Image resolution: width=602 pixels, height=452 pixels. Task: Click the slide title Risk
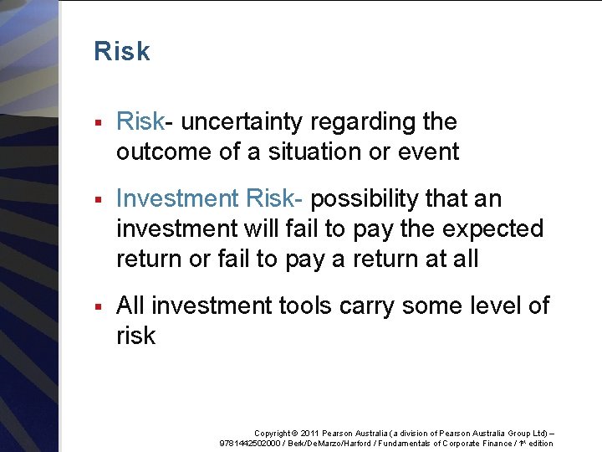point(122,52)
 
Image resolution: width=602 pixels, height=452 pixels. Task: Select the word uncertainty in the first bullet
point(242,122)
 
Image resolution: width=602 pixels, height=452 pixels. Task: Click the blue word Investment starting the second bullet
point(177,199)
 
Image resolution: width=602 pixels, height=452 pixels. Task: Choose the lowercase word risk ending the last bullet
point(136,336)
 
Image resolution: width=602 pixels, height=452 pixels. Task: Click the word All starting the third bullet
point(130,306)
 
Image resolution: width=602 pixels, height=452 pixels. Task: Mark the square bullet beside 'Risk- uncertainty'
point(99,124)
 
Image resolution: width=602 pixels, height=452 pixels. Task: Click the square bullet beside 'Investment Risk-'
point(99,201)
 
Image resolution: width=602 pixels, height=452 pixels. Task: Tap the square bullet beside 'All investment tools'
point(99,308)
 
